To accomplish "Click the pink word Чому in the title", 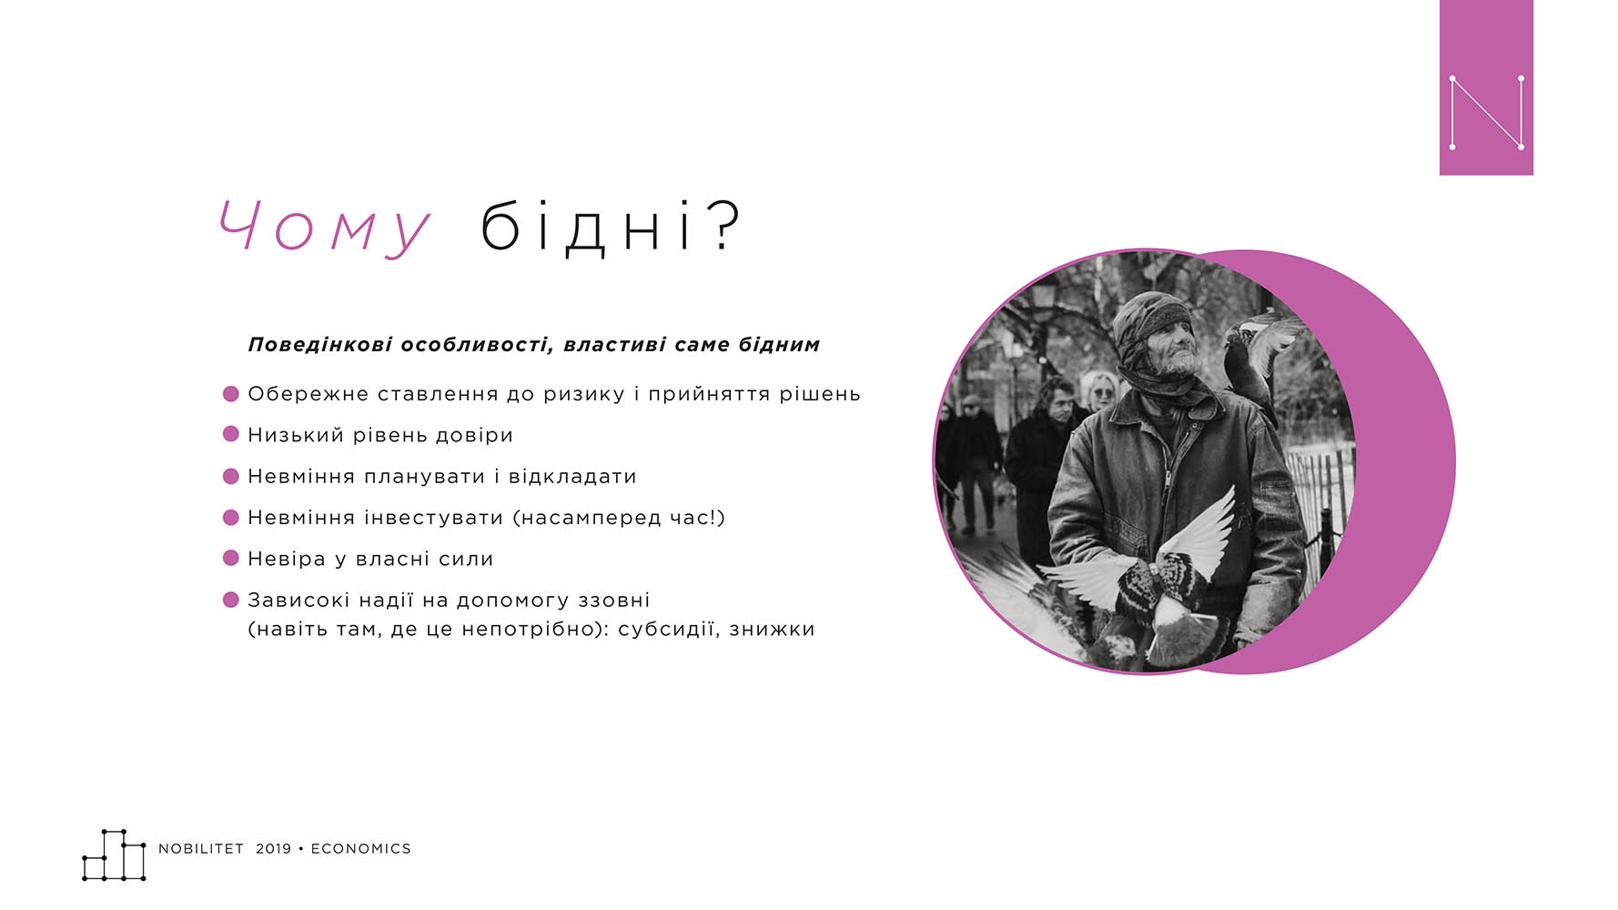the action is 325,227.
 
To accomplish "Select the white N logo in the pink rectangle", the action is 1486,112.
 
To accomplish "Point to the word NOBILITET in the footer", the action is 201,849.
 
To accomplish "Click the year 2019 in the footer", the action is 273,849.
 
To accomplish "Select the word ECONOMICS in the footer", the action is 361,849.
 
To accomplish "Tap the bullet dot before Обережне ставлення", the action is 231,393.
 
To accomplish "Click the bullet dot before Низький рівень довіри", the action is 231,434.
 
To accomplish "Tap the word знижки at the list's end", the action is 772,630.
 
